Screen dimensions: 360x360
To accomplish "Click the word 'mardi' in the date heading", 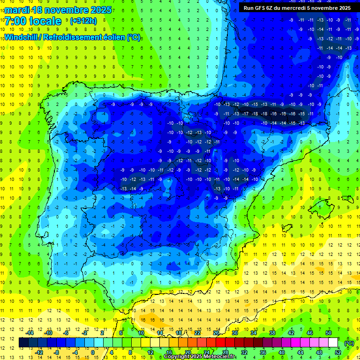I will point(17,10).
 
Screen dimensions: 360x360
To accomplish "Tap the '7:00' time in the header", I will point(16,21).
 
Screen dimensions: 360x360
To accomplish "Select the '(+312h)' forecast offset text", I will point(83,21).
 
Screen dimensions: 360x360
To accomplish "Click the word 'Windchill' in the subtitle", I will point(22,37).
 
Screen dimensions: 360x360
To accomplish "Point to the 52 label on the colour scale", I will point(337,352).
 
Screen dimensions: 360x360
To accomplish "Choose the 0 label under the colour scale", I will point(93,352).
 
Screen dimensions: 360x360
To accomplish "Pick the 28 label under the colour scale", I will point(225,352).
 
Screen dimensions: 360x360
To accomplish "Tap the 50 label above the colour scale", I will point(328,333).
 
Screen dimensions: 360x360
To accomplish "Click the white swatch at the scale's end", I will point(333,343).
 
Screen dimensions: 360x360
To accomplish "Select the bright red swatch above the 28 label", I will point(220,343).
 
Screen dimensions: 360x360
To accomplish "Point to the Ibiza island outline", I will point(286,228).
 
